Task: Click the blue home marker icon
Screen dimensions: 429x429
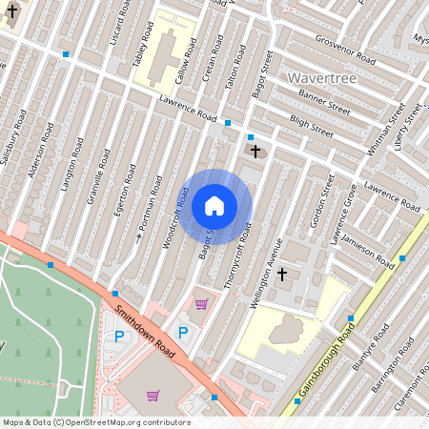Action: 214,205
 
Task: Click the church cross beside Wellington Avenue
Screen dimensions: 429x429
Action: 281,275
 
